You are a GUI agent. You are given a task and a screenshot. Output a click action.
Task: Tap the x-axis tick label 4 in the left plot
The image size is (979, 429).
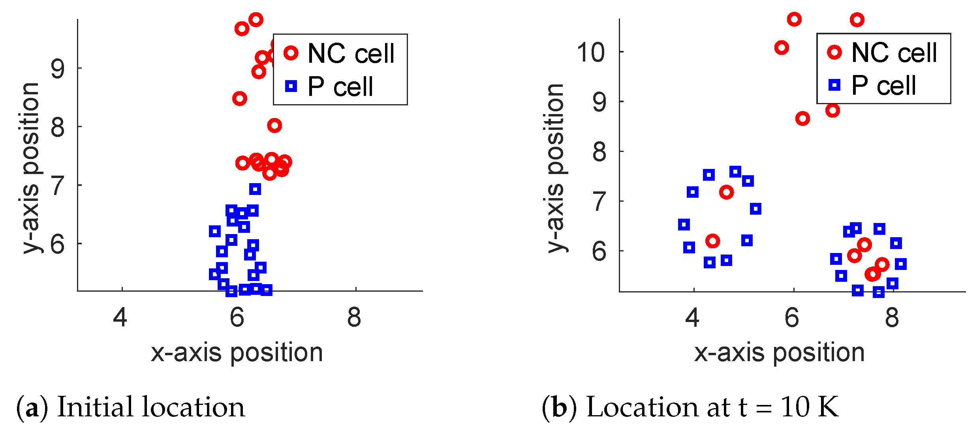tap(120, 317)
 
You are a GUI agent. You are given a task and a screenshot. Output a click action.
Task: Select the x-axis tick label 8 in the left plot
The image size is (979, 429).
tap(354, 317)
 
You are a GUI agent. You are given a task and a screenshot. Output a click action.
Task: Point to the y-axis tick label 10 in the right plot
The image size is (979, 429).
tap(590, 52)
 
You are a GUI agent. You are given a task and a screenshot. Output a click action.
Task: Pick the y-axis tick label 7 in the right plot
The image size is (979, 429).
tap(599, 202)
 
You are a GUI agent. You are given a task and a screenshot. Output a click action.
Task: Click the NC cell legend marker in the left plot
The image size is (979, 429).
tap(291, 52)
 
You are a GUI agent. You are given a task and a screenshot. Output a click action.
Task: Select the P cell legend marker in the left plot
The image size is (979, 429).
tap(291, 86)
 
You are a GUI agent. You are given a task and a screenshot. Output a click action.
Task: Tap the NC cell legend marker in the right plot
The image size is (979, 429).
tap(834, 52)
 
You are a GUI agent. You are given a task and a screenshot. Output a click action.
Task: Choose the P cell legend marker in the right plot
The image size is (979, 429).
tap(834, 85)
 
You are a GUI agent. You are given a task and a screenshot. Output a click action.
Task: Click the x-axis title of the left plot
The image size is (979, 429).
tap(237, 352)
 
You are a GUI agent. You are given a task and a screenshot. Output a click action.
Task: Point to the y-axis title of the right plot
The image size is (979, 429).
tap(556, 168)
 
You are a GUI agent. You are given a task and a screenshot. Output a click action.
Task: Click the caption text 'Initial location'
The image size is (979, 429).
tap(151, 407)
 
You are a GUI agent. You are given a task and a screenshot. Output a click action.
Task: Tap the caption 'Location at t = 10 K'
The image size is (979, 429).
tap(712, 407)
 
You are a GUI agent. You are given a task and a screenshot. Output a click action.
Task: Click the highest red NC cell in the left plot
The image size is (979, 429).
tap(256, 20)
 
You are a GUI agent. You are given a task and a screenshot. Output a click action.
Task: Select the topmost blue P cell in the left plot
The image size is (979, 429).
tap(255, 189)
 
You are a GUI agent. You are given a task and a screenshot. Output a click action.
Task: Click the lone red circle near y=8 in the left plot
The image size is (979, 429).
tap(274, 126)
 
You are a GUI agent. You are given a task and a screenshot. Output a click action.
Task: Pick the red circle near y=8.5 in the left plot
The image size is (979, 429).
tap(240, 98)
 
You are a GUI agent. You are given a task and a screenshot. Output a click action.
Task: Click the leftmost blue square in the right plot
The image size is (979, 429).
tap(684, 225)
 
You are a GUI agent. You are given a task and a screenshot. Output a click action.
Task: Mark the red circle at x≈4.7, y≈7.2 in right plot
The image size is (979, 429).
tap(726, 192)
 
